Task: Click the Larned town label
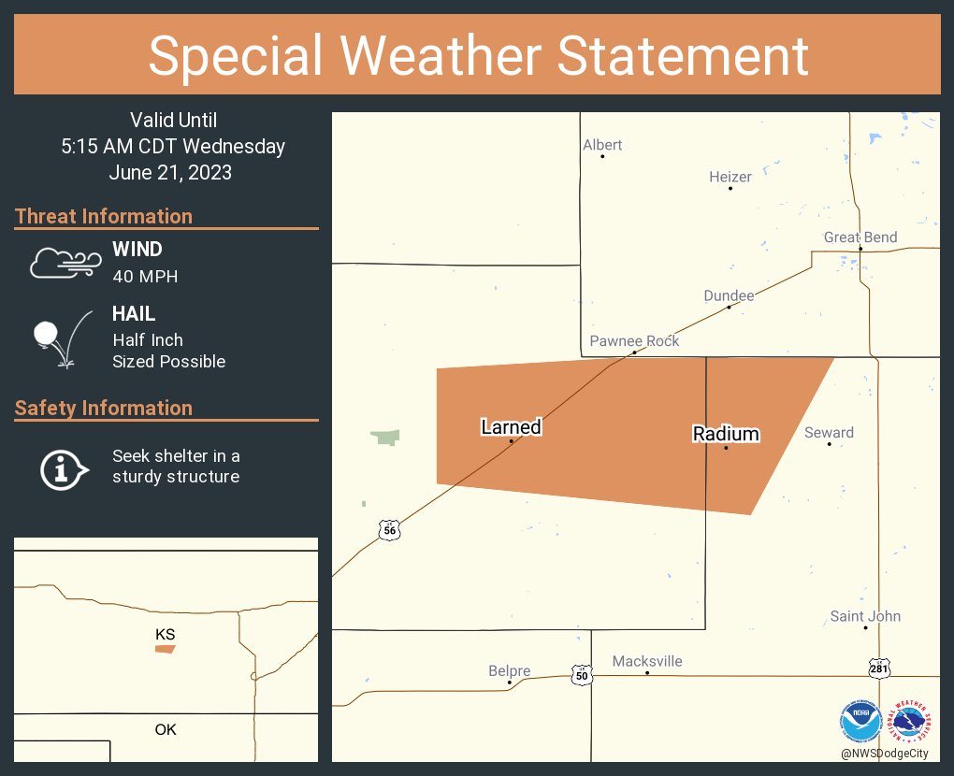(x=511, y=427)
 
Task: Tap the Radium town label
(x=726, y=434)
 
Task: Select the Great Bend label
(x=860, y=237)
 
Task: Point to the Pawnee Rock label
(x=634, y=341)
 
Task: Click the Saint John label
(x=865, y=616)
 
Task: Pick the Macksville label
(x=647, y=661)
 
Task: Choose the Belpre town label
(x=510, y=670)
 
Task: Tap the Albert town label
(x=602, y=145)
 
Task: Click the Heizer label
(x=730, y=177)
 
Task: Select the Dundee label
(x=729, y=295)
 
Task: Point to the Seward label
(x=829, y=432)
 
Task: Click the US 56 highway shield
(x=389, y=530)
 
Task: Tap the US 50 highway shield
(x=581, y=674)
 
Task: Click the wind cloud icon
(x=64, y=263)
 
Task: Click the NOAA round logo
(x=860, y=722)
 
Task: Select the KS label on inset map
(x=166, y=635)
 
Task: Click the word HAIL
(x=134, y=314)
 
